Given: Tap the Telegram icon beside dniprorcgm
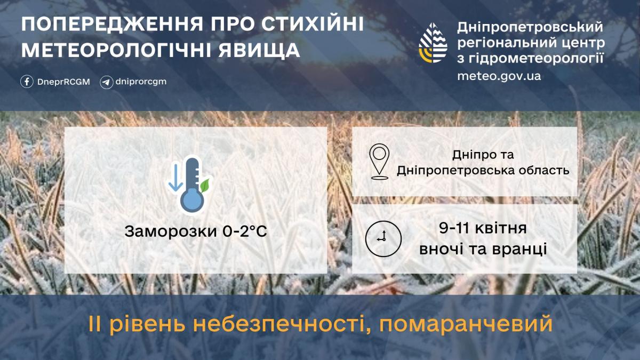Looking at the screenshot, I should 107,82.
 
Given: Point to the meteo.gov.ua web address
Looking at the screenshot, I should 499,76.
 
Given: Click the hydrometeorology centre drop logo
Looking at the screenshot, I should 433,43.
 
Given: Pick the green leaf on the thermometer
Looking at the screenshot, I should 205,185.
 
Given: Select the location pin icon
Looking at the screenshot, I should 379,160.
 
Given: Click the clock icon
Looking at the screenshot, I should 382,238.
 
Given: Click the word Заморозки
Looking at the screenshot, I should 164,232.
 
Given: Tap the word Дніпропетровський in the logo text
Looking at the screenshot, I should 530,27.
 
